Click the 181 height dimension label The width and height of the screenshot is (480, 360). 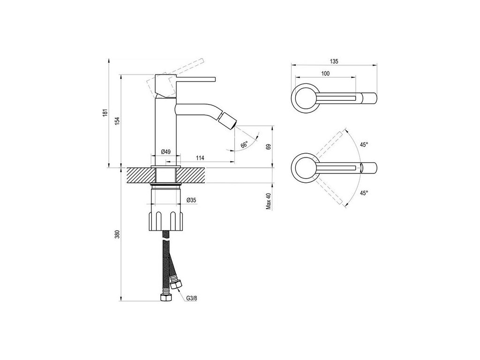pos(106,112)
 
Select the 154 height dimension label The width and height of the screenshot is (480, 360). pos(118,120)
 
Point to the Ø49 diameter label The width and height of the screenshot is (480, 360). pos(165,151)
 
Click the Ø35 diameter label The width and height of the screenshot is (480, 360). pos(191,200)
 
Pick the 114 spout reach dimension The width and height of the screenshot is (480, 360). pos(200,158)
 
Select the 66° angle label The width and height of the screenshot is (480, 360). pos(244,145)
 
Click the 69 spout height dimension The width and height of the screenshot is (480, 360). pos(268,146)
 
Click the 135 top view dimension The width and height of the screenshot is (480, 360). pos(334,61)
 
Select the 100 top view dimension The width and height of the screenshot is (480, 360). pos(325,74)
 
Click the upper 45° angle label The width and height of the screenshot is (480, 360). pos(364,145)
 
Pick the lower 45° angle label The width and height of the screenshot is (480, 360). pos(364,193)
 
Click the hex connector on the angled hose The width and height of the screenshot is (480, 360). pos(177,285)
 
